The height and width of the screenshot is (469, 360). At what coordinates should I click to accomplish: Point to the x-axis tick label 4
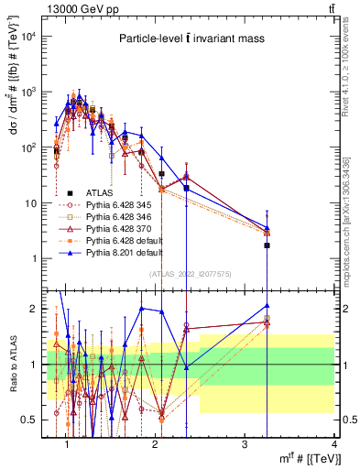[333, 443]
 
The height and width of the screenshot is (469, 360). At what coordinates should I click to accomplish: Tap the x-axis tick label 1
[68, 443]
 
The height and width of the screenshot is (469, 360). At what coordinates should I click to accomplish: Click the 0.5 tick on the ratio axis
[33, 420]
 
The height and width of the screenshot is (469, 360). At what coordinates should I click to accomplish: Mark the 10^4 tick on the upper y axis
[30, 36]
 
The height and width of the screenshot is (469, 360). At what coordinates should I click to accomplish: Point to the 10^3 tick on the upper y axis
[30, 92]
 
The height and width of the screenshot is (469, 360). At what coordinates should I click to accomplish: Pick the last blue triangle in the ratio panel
[267, 306]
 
